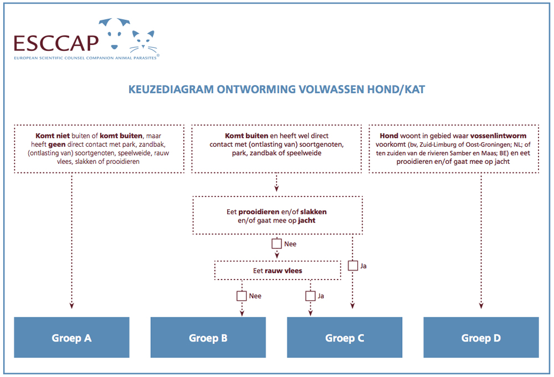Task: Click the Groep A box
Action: point(71,338)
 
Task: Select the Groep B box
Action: point(208,338)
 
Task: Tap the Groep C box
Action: point(345,338)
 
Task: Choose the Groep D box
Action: point(481,338)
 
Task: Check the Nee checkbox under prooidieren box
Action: point(276,244)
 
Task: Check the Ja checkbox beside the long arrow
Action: point(353,266)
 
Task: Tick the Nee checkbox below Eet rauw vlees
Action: point(242,296)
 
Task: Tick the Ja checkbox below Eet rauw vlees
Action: point(310,296)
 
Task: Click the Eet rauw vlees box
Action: point(278,270)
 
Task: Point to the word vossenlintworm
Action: point(498,136)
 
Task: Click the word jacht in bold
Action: point(307,221)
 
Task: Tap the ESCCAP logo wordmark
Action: point(56,43)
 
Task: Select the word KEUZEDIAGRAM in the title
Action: point(171,89)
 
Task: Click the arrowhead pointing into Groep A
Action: point(71,306)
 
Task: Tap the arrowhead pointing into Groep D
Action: point(481,306)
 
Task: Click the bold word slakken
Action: point(314,212)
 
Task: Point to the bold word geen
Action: point(57,144)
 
